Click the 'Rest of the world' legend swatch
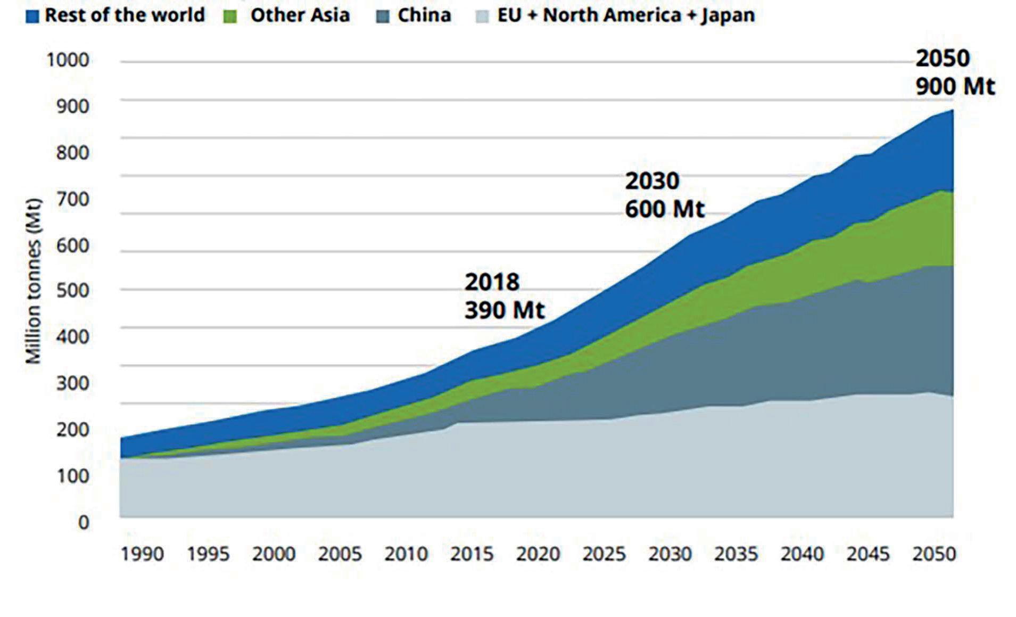click(32, 16)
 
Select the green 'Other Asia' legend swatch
click(230, 16)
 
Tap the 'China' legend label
click(424, 15)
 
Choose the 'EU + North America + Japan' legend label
click(626, 15)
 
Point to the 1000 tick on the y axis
click(68, 60)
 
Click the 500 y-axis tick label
click(72, 291)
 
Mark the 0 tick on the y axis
click(83, 522)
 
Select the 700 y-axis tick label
click(72, 199)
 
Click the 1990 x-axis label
click(142, 554)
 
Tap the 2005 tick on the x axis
click(340, 554)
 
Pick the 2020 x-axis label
click(538, 554)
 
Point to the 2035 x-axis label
click(736, 554)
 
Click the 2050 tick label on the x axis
click(934, 554)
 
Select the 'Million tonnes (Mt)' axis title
click(33, 281)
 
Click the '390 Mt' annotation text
click(505, 310)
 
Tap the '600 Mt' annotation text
click(665, 209)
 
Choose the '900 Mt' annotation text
click(955, 86)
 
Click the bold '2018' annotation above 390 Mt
click(492, 282)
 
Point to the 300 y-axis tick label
click(72, 383)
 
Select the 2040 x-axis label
click(802, 554)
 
